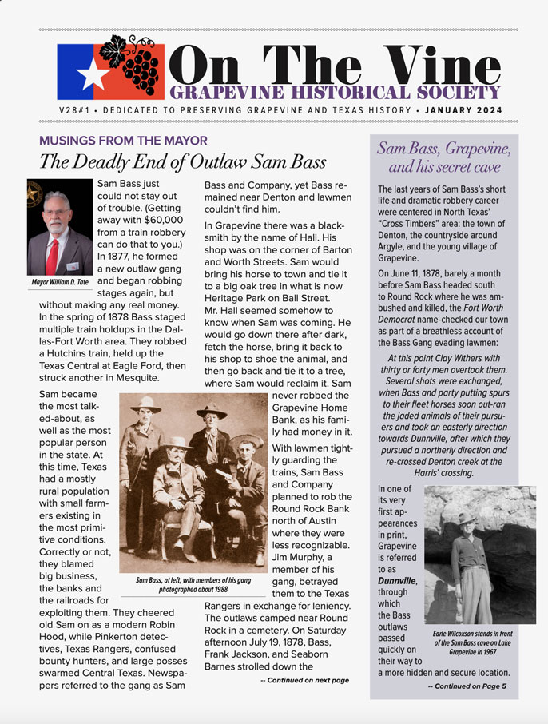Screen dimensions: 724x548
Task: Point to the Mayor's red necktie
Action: [x=53, y=255]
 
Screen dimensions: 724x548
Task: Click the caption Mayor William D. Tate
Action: [x=60, y=282]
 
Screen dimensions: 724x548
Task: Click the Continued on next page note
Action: [x=304, y=680]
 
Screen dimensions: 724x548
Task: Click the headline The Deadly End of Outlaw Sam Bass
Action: [x=183, y=161]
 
